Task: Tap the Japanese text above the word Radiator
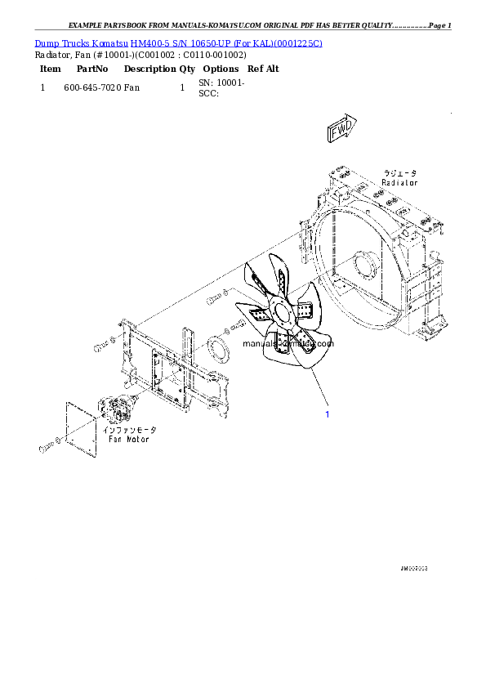pyautogui.click(x=400, y=173)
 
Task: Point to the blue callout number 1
pyautogui.click(x=328, y=414)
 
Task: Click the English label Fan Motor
pyautogui.click(x=128, y=439)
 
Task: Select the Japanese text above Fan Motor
pyautogui.click(x=128, y=430)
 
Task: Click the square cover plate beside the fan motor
pyautogui.click(x=80, y=425)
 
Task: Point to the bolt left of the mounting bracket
pyautogui.click(x=100, y=348)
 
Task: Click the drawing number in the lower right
pyautogui.click(x=414, y=567)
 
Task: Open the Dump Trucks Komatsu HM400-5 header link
pyautogui.click(x=178, y=42)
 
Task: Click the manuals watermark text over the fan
pyautogui.click(x=288, y=344)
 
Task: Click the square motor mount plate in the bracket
pyautogui.click(x=168, y=372)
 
